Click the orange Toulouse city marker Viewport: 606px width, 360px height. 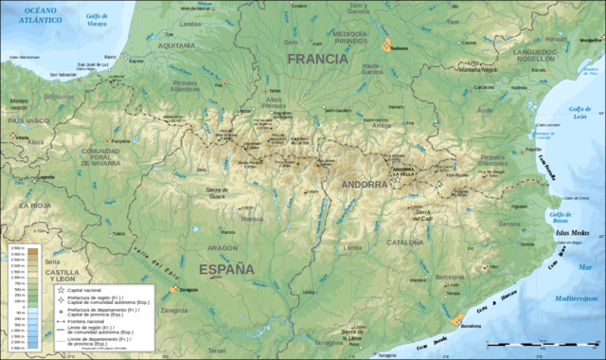pyautogui.click(x=386, y=45)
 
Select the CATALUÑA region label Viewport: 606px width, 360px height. pyautogui.click(x=403, y=243)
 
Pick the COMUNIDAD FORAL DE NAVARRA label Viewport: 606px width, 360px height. pyautogui.click(x=99, y=157)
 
